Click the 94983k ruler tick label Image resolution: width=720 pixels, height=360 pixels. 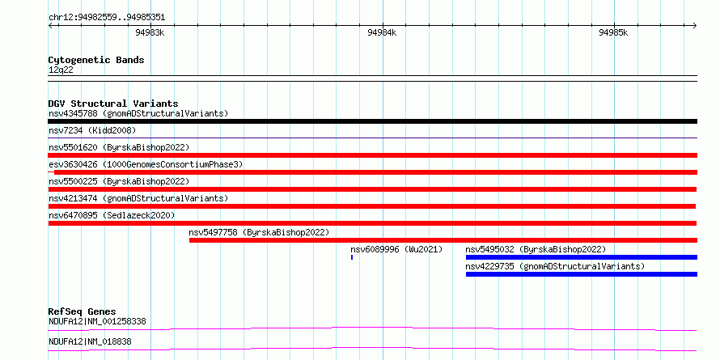click(150, 33)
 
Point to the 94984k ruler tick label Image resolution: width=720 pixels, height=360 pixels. click(382, 33)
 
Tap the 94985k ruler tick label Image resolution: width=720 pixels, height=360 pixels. click(613, 33)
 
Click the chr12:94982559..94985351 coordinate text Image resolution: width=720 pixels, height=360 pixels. click(107, 18)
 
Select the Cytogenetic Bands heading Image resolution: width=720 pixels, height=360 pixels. click(96, 60)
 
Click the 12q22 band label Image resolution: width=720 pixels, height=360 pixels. click(61, 70)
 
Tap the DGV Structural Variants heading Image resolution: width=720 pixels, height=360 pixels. click(113, 104)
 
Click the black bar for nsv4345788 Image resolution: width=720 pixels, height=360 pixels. click(372, 121)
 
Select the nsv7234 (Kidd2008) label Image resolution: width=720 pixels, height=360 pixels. click(92, 131)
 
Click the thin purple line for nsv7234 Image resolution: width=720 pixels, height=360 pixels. click(372, 138)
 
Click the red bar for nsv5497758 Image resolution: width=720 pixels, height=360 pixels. click(443, 240)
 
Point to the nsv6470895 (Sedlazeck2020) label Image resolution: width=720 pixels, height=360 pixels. click(112, 215)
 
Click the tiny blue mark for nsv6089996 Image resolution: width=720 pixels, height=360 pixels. click(352, 257)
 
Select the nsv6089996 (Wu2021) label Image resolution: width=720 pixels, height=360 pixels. click(396, 249)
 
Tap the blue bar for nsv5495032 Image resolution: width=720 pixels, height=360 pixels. click(582, 257)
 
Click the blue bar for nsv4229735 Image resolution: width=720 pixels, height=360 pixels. click(582, 274)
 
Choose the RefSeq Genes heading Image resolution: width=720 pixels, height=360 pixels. click(83, 311)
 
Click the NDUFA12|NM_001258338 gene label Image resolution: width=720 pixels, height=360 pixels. click(97, 321)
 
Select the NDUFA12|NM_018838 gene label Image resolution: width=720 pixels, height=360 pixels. click(93, 341)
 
